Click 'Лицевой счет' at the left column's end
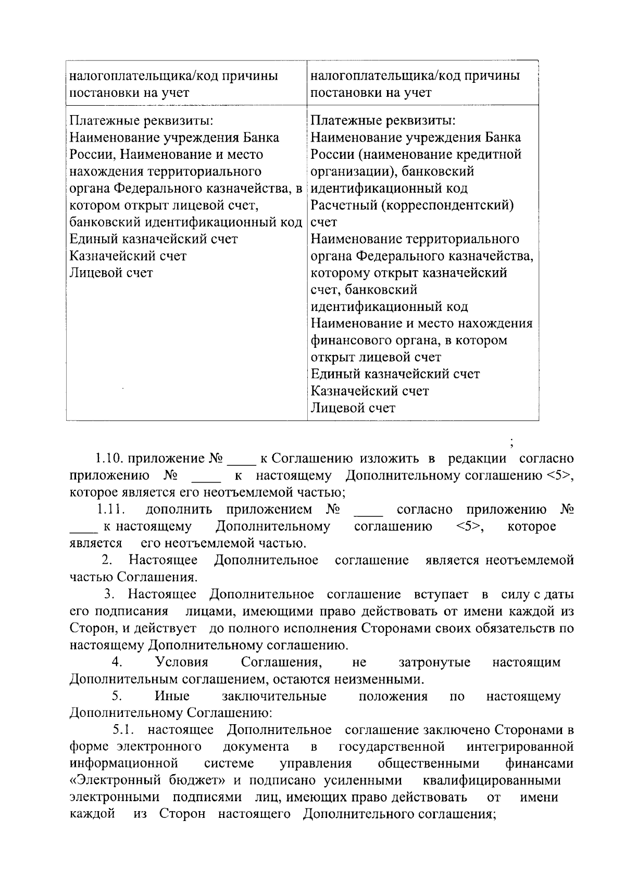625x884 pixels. [111, 273]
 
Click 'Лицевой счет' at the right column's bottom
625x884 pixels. [353, 408]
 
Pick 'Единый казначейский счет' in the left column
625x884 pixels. [154, 239]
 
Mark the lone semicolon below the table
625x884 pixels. [512, 444]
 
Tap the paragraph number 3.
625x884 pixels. [109, 594]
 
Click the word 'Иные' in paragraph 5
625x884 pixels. [172, 696]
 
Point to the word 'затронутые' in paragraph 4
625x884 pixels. [434, 662]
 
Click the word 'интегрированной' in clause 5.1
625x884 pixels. [520, 747]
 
